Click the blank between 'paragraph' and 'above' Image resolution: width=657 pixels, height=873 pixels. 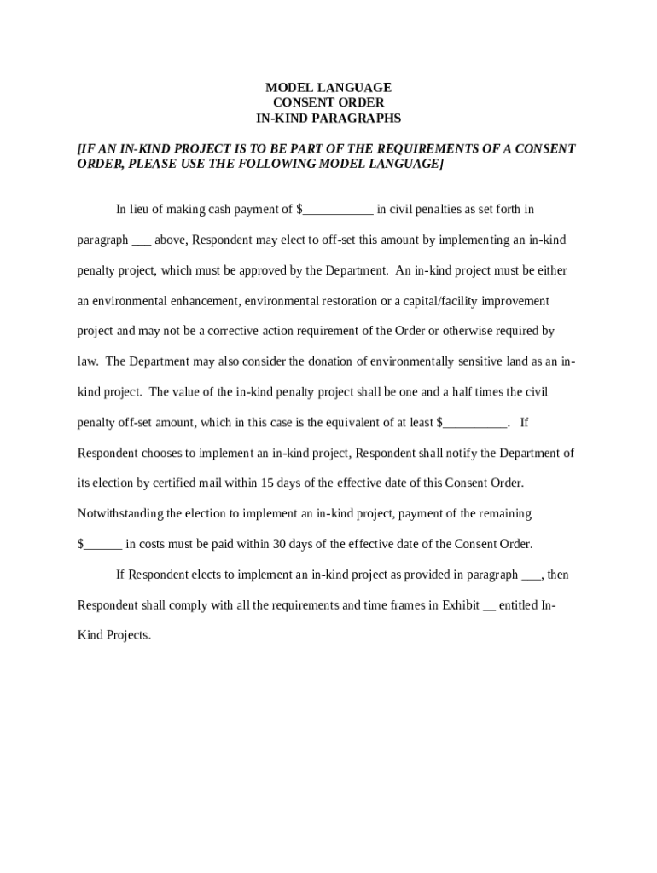pos(142,241)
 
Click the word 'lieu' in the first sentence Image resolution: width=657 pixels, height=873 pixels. pos(148,210)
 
